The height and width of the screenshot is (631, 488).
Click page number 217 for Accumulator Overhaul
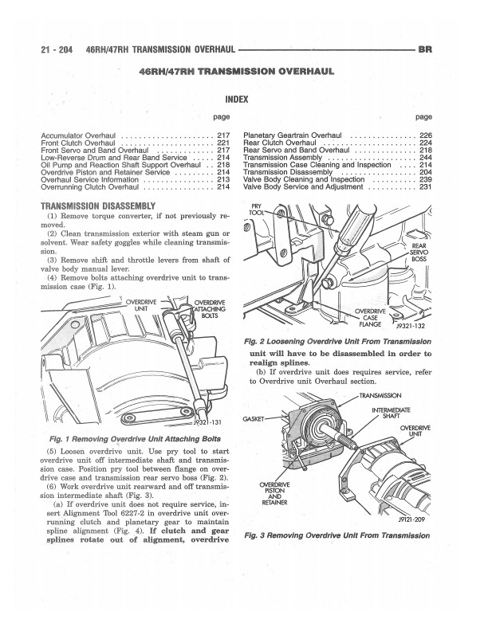click(x=223, y=134)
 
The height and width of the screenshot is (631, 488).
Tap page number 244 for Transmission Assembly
click(x=425, y=156)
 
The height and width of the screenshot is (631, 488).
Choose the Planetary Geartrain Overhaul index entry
click(x=292, y=134)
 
